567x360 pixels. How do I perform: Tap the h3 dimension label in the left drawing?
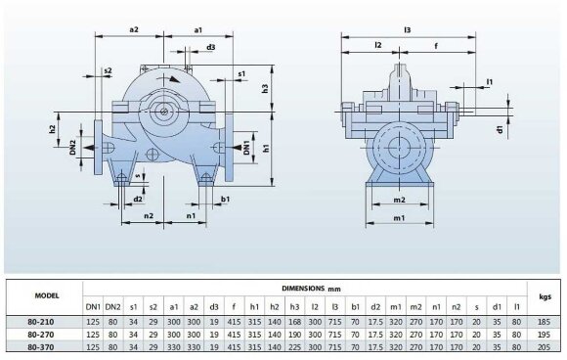pyautogui.click(x=266, y=89)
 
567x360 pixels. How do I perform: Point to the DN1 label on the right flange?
pyautogui.click(x=246, y=148)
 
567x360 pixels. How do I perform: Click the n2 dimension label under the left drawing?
pyautogui.click(x=149, y=214)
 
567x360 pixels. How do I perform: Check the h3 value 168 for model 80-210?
pyautogui.click(x=294, y=320)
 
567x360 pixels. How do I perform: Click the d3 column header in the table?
pyautogui.click(x=214, y=306)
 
